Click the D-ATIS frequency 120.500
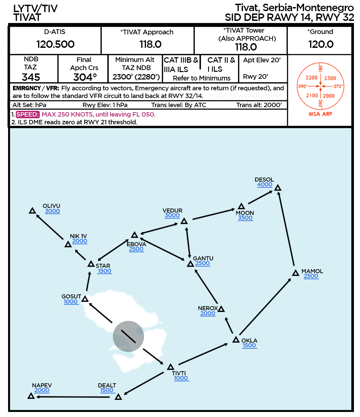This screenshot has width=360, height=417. [x=55, y=44]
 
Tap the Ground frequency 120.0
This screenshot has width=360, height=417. [x=321, y=44]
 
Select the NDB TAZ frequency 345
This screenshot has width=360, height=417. [x=31, y=77]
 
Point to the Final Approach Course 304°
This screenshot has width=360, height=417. [x=85, y=77]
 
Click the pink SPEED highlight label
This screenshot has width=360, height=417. [x=28, y=115]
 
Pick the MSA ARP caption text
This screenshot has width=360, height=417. [x=320, y=114]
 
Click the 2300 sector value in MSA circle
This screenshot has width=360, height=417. [x=330, y=78]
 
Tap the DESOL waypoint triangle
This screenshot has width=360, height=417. [x=278, y=188]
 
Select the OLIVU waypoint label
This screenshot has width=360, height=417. [x=51, y=206]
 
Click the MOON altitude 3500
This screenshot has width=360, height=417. [x=245, y=218]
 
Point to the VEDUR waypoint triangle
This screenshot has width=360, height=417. [x=184, y=221]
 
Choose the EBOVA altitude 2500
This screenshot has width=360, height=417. [x=136, y=249]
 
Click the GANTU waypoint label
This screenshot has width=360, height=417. [x=203, y=258]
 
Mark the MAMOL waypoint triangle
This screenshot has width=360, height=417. [x=296, y=273]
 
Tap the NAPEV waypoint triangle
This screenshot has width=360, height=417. [x=31, y=396]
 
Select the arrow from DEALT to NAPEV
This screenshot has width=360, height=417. [x=73, y=397]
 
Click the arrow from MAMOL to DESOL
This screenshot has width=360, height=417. [x=286, y=229]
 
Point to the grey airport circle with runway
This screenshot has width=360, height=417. [x=128, y=336]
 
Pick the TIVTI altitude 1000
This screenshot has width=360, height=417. [x=181, y=378]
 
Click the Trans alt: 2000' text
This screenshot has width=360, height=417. [x=259, y=105]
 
